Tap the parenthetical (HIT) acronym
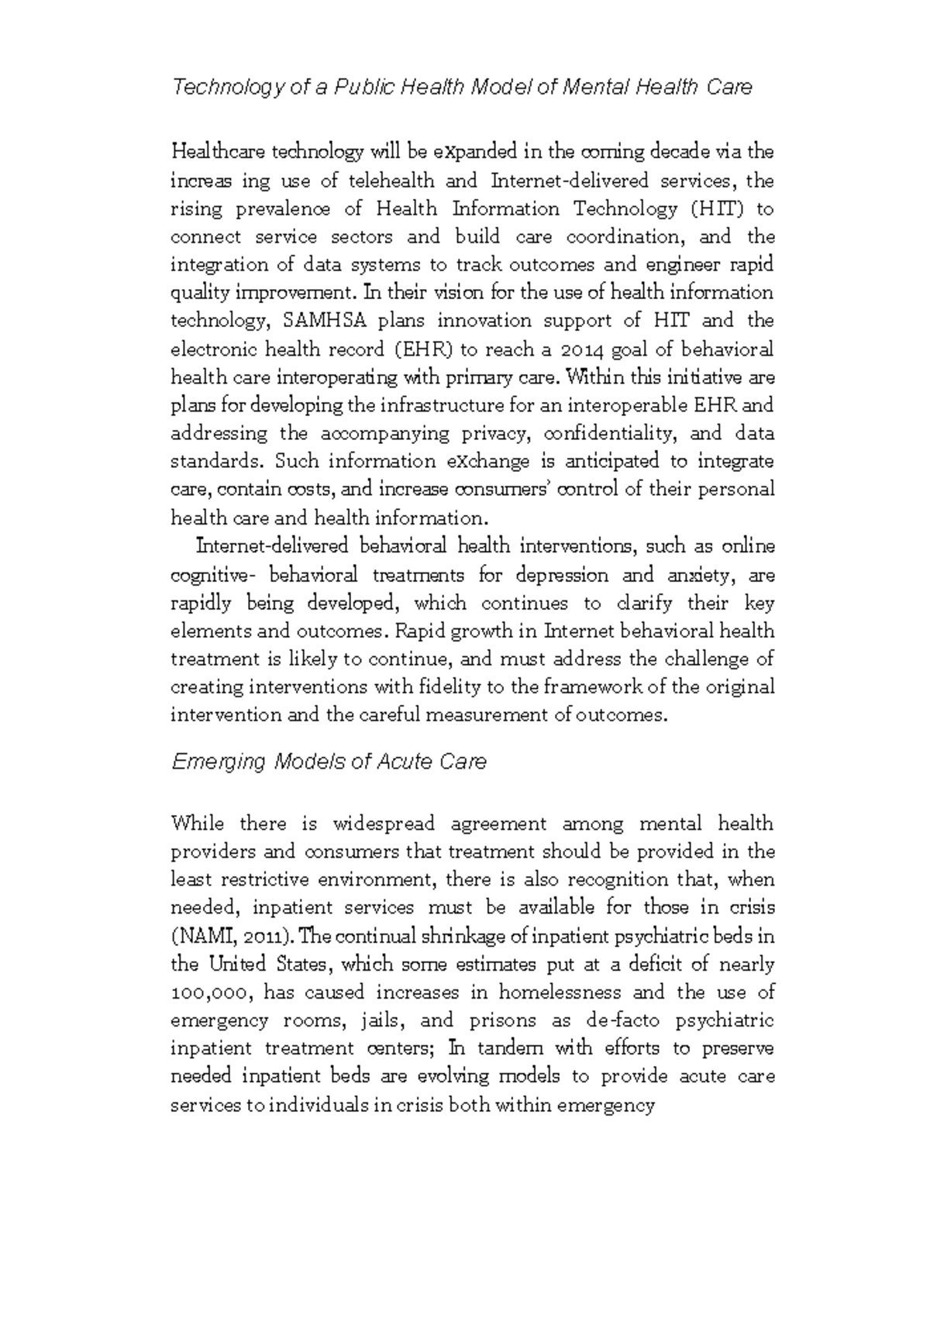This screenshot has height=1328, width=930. click(711, 209)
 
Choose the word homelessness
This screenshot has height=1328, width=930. click(560, 993)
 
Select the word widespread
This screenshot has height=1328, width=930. click(384, 824)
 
